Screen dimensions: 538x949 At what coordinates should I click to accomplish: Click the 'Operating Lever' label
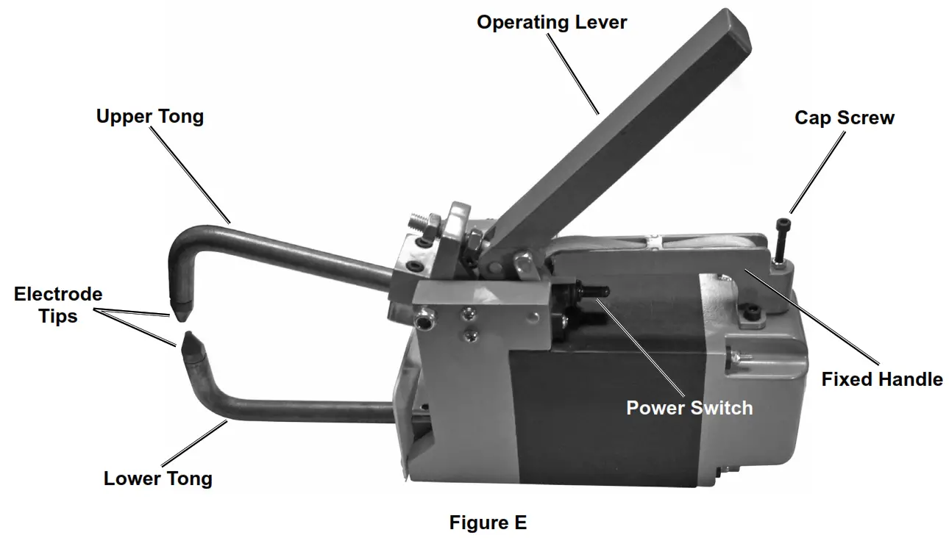(x=552, y=22)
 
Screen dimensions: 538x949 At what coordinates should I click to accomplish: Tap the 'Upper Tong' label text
(x=150, y=116)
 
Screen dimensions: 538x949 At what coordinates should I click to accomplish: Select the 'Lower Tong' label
(x=157, y=478)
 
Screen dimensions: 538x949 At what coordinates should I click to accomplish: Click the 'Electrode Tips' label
(x=58, y=305)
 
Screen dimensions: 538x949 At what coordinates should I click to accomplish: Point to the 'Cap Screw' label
(x=845, y=118)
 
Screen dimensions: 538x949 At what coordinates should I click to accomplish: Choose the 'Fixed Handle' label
(x=882, y=379)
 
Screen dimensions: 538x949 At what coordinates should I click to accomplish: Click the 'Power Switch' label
(x=689, y=407)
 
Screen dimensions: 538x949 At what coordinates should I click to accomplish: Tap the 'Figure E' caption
(x=488, y=523)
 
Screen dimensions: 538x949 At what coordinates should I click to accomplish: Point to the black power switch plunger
(x=591, y=292)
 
